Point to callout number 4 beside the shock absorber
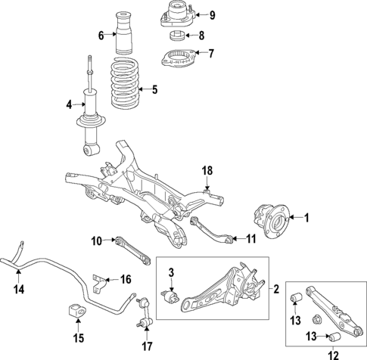point(69,104)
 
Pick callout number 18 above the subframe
point(207,172)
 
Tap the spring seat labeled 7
point(177,56)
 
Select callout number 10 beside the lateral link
point(97,241)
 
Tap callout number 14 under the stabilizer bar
point(20,288)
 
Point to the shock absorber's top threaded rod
point(89,67)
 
